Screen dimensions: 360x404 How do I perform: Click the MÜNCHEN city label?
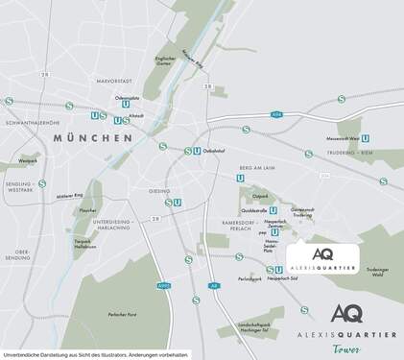(x=93, y=138)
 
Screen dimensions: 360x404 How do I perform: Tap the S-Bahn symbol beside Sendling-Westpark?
(x=43, y=182)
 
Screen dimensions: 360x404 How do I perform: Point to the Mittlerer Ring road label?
(x=71, y=196)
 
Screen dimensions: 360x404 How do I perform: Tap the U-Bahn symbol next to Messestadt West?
(x=366, y=138)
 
